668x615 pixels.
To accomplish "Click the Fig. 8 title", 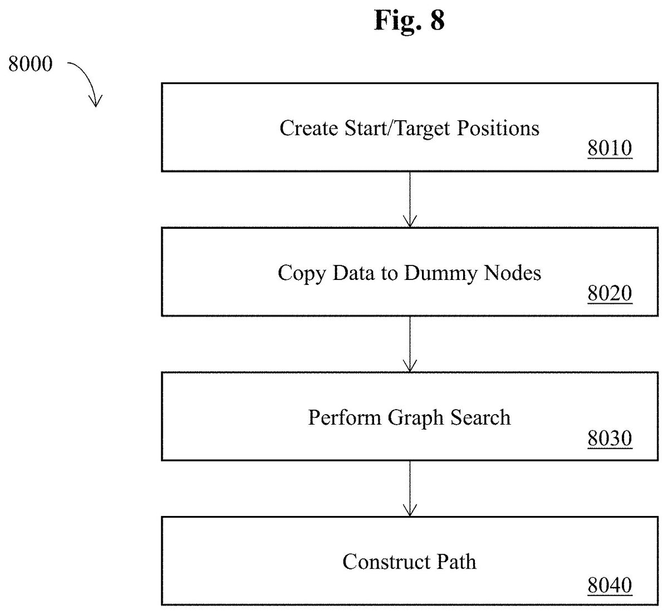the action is [409, 21].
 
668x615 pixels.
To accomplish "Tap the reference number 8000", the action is [30, 63].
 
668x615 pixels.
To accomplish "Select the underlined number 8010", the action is [610, 148].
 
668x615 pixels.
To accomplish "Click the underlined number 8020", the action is [610, 293].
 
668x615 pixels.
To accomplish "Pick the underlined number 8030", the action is [610, 438].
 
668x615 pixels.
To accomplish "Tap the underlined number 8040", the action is [610, 585].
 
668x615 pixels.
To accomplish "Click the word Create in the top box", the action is [309, 128].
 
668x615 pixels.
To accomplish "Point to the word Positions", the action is [498, 128].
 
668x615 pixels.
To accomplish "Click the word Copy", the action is [302, 274].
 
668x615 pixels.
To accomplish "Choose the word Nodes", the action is [513, 273].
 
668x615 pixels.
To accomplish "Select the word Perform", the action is [345, 417].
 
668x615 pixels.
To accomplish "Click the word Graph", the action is [416, 418].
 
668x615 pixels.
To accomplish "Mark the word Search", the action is [480, 417].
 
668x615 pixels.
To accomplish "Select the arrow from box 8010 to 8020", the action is [410, 199].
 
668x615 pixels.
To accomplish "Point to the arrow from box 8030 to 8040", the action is [410, 489].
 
